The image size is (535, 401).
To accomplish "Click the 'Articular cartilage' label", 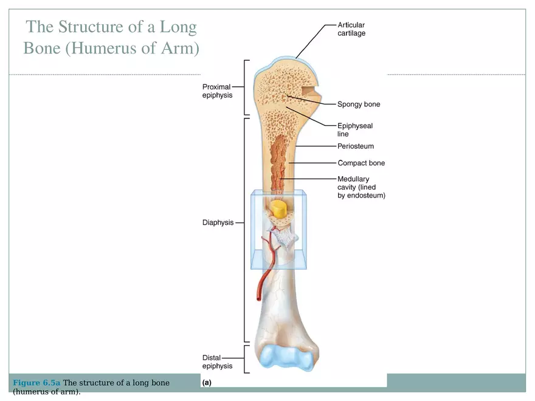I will click(351, 29).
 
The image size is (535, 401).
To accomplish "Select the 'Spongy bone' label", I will click(359, 105).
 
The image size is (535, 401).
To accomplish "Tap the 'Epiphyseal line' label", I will click(355, 130).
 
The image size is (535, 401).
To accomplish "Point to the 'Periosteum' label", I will click(356, 146).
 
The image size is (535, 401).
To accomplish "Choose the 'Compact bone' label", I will click(361, 163).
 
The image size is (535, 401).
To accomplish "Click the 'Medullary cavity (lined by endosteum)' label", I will click(361, 187).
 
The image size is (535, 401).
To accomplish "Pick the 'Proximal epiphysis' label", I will click(217, 91).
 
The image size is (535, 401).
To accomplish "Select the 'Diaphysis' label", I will click(218, 223).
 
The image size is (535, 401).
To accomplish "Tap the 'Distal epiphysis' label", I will click(217, 362).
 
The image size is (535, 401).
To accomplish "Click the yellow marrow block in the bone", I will click(279, 210).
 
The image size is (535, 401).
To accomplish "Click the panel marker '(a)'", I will click(207, 383).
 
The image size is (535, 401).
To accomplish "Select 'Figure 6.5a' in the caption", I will click(36, 383).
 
